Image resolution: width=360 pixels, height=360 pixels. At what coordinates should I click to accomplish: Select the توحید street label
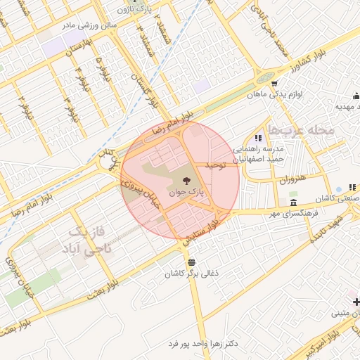tap(215, 165)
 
